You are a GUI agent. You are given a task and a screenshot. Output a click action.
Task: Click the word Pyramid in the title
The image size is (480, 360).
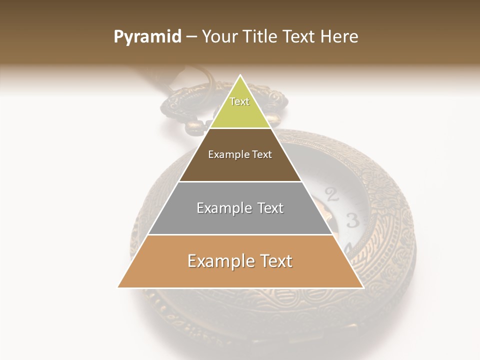[147, 36]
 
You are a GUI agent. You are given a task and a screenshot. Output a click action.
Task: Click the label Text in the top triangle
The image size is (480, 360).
[239, 101]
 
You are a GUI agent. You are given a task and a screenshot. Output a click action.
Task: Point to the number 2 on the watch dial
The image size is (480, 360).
[331, 194]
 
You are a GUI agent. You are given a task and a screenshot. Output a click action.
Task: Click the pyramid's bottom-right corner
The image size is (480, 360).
[362, 287]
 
